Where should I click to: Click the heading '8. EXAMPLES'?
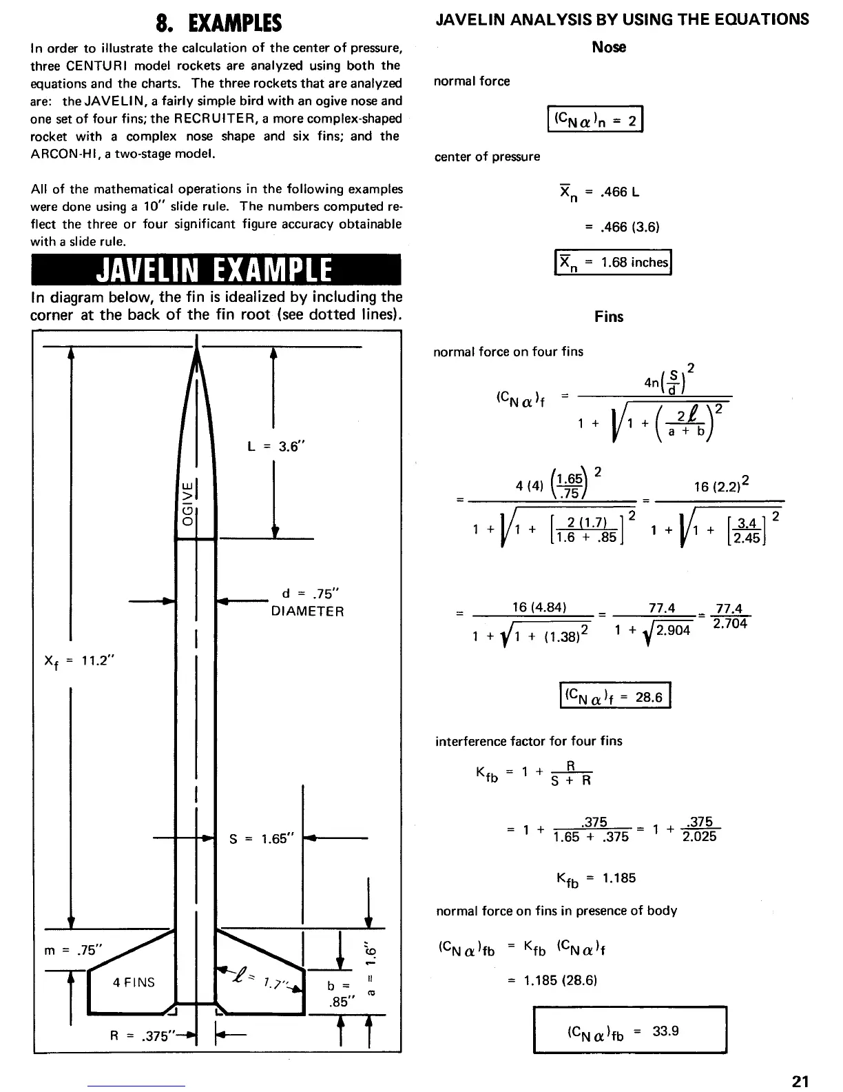[218, 24]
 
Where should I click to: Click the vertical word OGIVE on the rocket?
[187, 502]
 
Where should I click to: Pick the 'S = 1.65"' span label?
[262, 839]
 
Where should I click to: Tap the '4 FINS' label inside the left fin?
[134, 982]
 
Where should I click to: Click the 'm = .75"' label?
[72, 949]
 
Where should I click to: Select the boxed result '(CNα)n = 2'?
[594, 119]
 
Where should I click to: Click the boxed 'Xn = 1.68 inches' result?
[613, 262]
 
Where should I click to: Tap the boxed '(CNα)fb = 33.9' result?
[629, 1031]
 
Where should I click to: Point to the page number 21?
[800, 1081]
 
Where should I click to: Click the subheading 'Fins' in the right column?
[609, 316]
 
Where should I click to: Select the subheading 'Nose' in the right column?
[609, 47]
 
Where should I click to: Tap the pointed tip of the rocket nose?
[197, 338]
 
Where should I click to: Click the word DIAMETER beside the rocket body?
[307, 611]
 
